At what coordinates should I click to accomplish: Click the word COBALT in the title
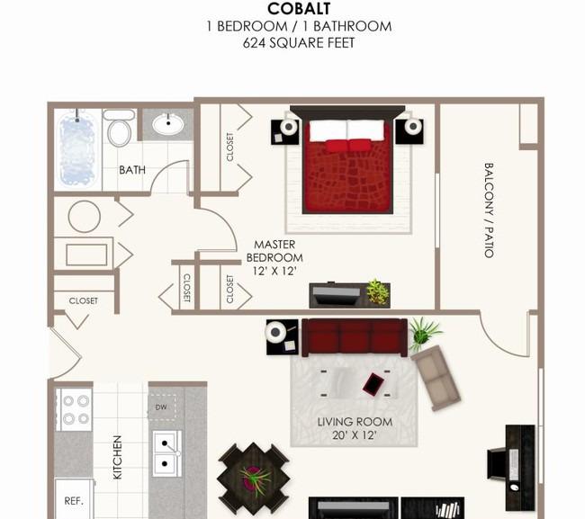pyautogui.click(x=299, y=9)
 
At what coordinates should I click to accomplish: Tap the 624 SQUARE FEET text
pyautogui.click(x=299, y=43)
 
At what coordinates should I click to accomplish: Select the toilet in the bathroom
pyautogui.click(x=119, y=128)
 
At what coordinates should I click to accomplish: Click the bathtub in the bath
pyautogui.click(x=76, y=149)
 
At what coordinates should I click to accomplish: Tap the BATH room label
pyautogui.click(x=132, y=170)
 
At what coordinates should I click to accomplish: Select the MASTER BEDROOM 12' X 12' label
pyautogui.click(x=274, y=257)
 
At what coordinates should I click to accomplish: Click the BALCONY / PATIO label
pyautogui.click(x=489, y=210)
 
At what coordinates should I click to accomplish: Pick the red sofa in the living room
pyautogui.click(x=355, y=337)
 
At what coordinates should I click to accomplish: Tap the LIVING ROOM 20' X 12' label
pyautogui.click(x=355, y=428)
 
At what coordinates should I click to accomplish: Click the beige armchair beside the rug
pyautogui.click(x=436, y=378)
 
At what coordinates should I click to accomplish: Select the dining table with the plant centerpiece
pyautogui.click(x=254, y=479)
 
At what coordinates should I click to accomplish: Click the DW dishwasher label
pyautogui.click(x=161, y=407)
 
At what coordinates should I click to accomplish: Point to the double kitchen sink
pyautogui.click(x=166, y=453)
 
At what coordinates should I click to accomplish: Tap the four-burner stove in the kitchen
pyautogui.click(x=74, y=409)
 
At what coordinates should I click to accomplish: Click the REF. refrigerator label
pyautogui.click(x=74, y=501)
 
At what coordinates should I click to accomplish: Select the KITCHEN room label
pyautogui.click(x=117, y=457)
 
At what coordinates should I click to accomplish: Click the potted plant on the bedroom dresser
pyautogui.click(x=377, y=291)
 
